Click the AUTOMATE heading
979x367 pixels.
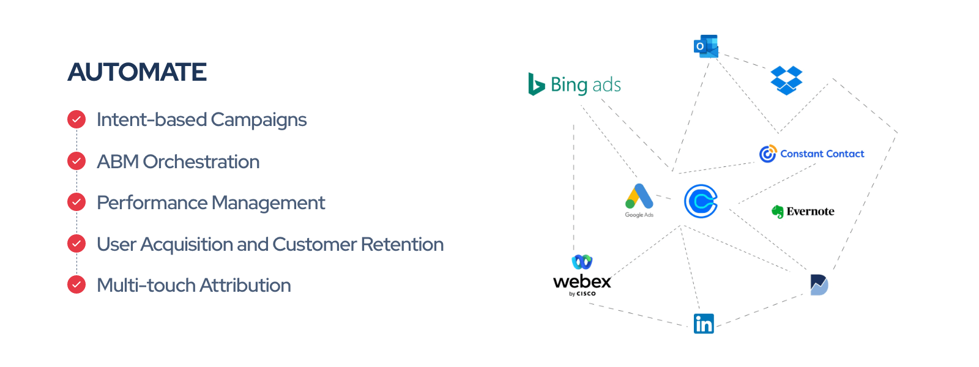click(137, 72)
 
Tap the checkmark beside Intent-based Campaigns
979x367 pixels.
click(76, 119)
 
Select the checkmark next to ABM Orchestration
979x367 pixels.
click(76, 161)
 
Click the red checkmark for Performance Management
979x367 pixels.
click(76, 202)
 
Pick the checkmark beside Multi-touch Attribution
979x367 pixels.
click(76, 284)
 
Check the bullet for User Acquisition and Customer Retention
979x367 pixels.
click(76, 243)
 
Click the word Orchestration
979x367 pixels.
click(201, 161)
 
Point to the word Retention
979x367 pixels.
click(402, 244)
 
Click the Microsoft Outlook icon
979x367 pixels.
click(705, 46)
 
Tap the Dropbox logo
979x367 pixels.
click(786, 80)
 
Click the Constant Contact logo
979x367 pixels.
click(811, 154)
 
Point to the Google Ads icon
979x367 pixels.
click(639, 198)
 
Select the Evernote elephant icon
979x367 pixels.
click(778, 212)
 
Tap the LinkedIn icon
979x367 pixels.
click(704, 324)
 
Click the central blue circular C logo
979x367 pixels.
click(701, 201)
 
